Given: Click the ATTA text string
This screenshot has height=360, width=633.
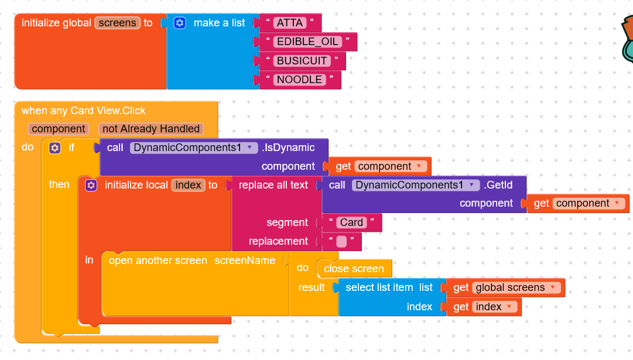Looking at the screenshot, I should point(290,23).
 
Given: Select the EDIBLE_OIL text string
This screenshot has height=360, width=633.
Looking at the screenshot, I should point(307,42).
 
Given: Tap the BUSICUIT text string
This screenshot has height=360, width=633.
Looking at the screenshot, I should point(302,61).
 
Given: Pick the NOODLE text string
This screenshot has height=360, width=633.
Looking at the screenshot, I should point(299,80).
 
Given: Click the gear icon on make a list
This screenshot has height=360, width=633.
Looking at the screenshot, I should point(180,23).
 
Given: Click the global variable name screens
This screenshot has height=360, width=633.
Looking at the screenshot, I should point(117,23).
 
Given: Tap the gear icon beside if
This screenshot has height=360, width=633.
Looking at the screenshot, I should point(55,148).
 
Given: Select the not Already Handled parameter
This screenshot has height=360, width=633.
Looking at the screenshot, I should point(151,129).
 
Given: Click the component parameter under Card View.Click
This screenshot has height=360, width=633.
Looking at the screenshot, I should point(59,129).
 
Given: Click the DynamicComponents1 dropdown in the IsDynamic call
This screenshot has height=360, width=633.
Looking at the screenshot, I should point(194,148).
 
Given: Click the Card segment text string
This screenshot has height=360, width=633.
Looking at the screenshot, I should point(351,222).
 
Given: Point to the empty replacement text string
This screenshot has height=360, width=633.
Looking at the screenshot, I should point(341,241).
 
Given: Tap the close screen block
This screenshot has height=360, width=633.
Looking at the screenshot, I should point(354,269).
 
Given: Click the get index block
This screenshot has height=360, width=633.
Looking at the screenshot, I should point(484,307).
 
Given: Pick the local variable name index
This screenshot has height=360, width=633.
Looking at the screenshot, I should point(189,185).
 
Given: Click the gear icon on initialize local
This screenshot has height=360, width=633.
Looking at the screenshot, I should point(91,185).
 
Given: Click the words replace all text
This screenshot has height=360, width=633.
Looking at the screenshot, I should point(273,185).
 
